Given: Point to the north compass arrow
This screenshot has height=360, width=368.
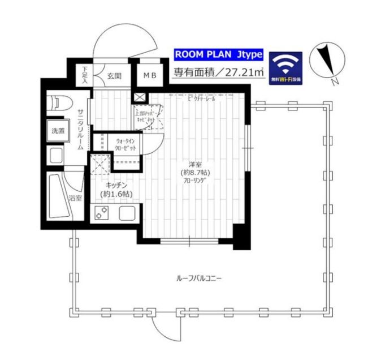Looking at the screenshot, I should [x=326, y=60].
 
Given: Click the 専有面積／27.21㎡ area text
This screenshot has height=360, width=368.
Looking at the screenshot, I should [x=219, y=72].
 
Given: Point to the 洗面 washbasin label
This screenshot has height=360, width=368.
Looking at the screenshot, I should [x=58, y=131].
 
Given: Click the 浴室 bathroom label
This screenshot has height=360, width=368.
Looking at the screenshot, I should [x=75, y=198].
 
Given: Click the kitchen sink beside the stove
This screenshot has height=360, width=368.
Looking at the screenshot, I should [x=126, y=214].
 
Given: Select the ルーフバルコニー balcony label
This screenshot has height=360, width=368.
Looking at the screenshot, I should [x=197, y=278].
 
